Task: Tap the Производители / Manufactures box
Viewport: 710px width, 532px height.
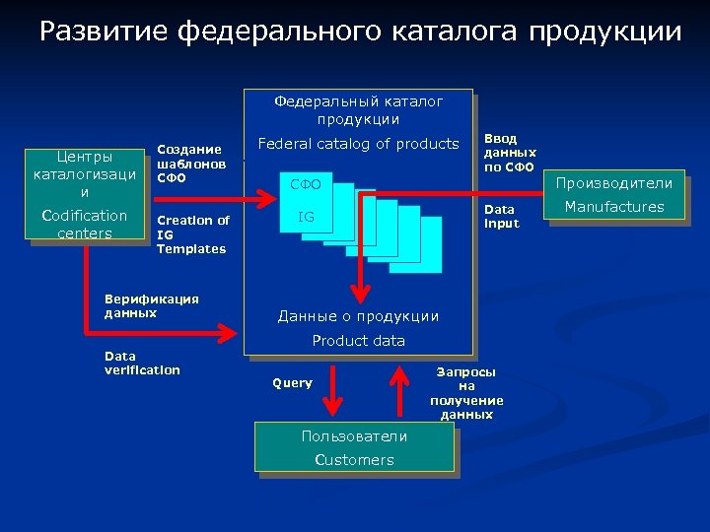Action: (x=613, y=195)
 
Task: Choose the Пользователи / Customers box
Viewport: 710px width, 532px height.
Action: (x=354, y=447)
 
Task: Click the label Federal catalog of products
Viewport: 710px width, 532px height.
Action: (x=358, y=144)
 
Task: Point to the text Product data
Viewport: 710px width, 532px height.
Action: (x=358, y=341)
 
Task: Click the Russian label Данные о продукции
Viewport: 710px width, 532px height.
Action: (x=358, y=316)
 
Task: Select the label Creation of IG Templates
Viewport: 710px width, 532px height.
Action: (x=192, y=234)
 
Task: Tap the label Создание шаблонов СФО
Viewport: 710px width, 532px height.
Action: (x=191, y=164)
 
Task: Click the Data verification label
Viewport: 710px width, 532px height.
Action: (x=142, y=363)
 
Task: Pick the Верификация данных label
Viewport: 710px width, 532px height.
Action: (x=151, y=305)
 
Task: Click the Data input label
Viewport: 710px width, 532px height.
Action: (x=499, y=217)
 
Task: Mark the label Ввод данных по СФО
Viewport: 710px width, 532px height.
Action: (x=510, y=153)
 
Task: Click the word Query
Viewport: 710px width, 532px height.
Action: (x=292, y=383)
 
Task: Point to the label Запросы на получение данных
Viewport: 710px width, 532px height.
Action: (x=466, y=393)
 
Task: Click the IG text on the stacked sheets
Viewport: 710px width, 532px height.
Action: (x=307, y=216)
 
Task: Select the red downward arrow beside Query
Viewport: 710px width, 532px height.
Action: (x=333, y=390)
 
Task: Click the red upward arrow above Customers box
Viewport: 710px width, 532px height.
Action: (x=400, y=390)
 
